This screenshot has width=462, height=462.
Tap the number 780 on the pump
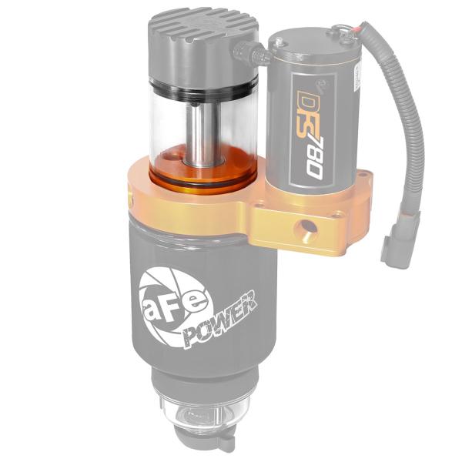(x=311, y=153)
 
